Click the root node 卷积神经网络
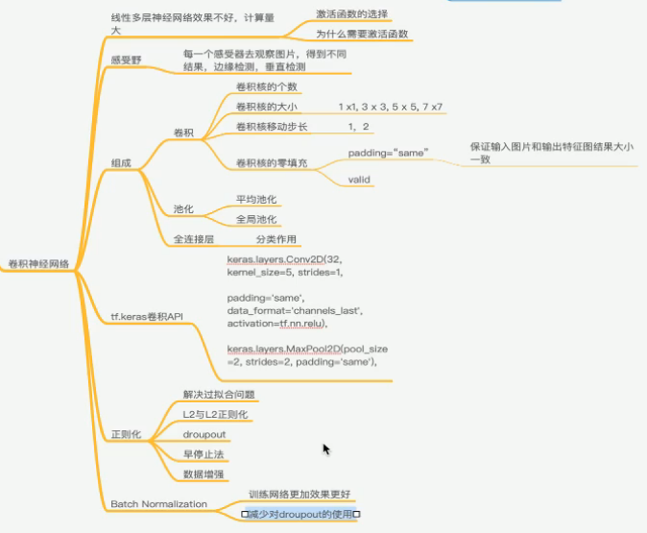[40, 262]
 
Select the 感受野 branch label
[127, 60]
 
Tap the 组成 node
[121, 163]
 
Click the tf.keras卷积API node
[147, 316]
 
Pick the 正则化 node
[126, 435]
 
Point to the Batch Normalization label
[158, 503]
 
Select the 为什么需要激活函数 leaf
[362, 34]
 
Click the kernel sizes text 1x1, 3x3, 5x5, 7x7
[395, 107]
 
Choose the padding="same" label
[387, 153]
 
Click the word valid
[360, 180]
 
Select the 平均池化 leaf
[256, 200]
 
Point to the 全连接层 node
[193, 237]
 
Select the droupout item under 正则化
[204, 434]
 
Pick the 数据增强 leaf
[204, 474]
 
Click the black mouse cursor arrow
[326, 448]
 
